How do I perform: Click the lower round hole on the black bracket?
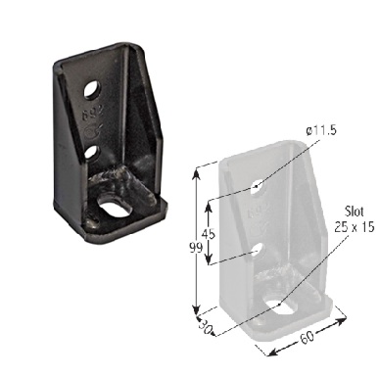pyautogui.click(x=91, y=151)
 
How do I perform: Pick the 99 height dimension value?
pyautogui.click(x=196, y=251)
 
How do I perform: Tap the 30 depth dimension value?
pyautogui.click(x=206, y=328)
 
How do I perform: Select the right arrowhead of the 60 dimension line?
pyautogui.click(x=346, y=317)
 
